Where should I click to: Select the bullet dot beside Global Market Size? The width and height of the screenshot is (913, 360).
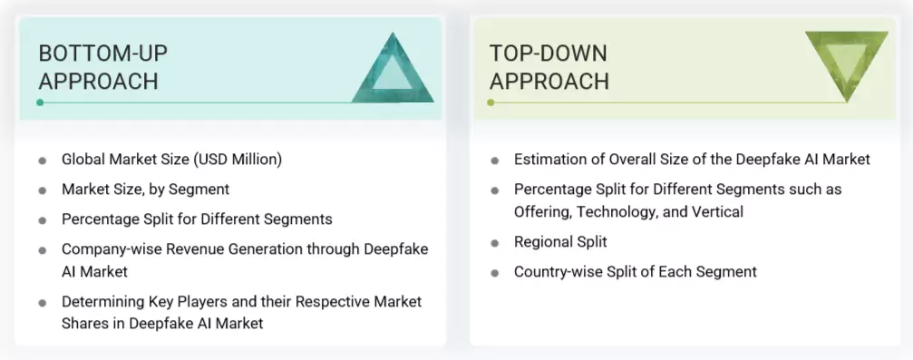43,161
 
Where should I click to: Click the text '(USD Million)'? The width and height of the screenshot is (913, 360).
238,160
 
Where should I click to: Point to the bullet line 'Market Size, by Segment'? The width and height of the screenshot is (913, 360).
145,190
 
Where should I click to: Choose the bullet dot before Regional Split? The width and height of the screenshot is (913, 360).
495,243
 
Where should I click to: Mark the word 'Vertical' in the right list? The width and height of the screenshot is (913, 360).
715,211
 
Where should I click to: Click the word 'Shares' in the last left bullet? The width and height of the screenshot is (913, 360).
84,323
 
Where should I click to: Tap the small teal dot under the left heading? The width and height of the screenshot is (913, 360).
40,102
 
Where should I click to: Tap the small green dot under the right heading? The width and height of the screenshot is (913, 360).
490,102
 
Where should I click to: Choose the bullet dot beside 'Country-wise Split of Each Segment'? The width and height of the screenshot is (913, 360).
495,272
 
